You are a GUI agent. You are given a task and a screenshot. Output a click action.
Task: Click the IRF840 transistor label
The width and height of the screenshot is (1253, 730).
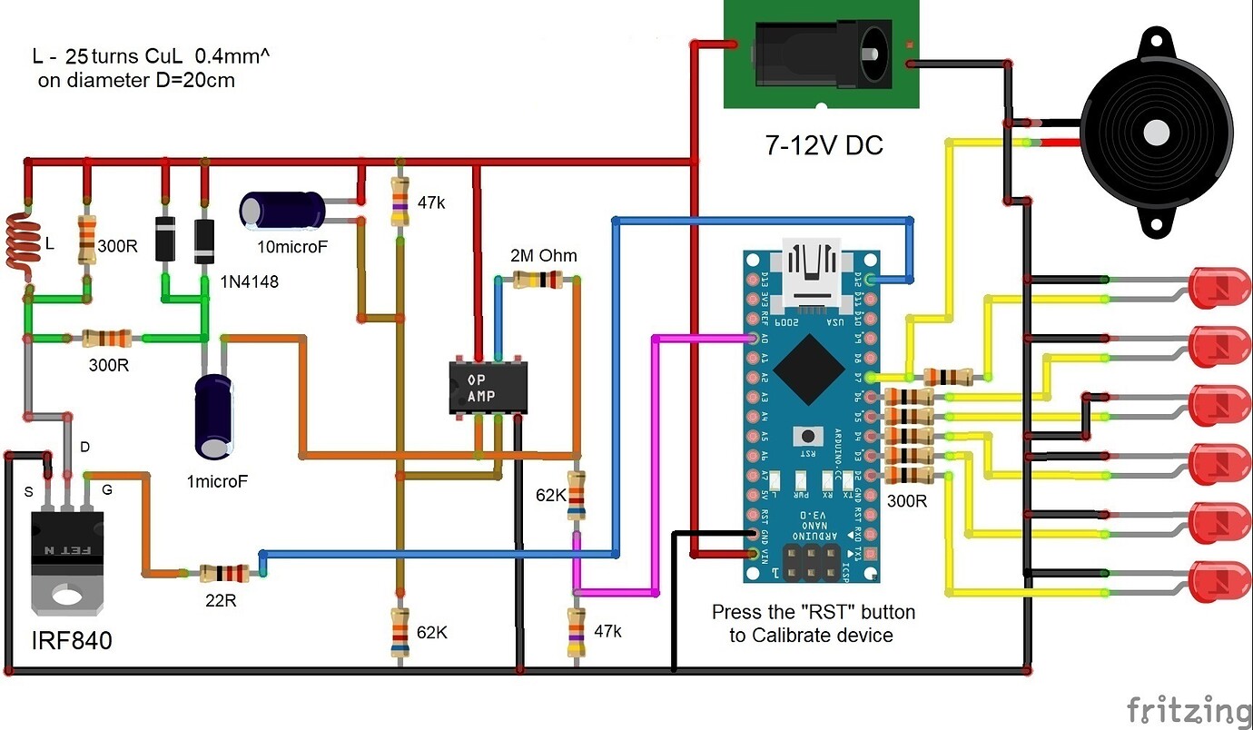tap(72, 640)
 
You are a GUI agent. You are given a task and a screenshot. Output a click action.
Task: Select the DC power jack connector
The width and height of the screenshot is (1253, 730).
tap(821, 54)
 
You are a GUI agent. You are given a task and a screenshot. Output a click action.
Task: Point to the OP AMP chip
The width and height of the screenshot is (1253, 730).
tap(488, 388)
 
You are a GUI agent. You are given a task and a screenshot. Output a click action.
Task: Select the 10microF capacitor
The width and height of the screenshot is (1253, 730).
tap(282, 210)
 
